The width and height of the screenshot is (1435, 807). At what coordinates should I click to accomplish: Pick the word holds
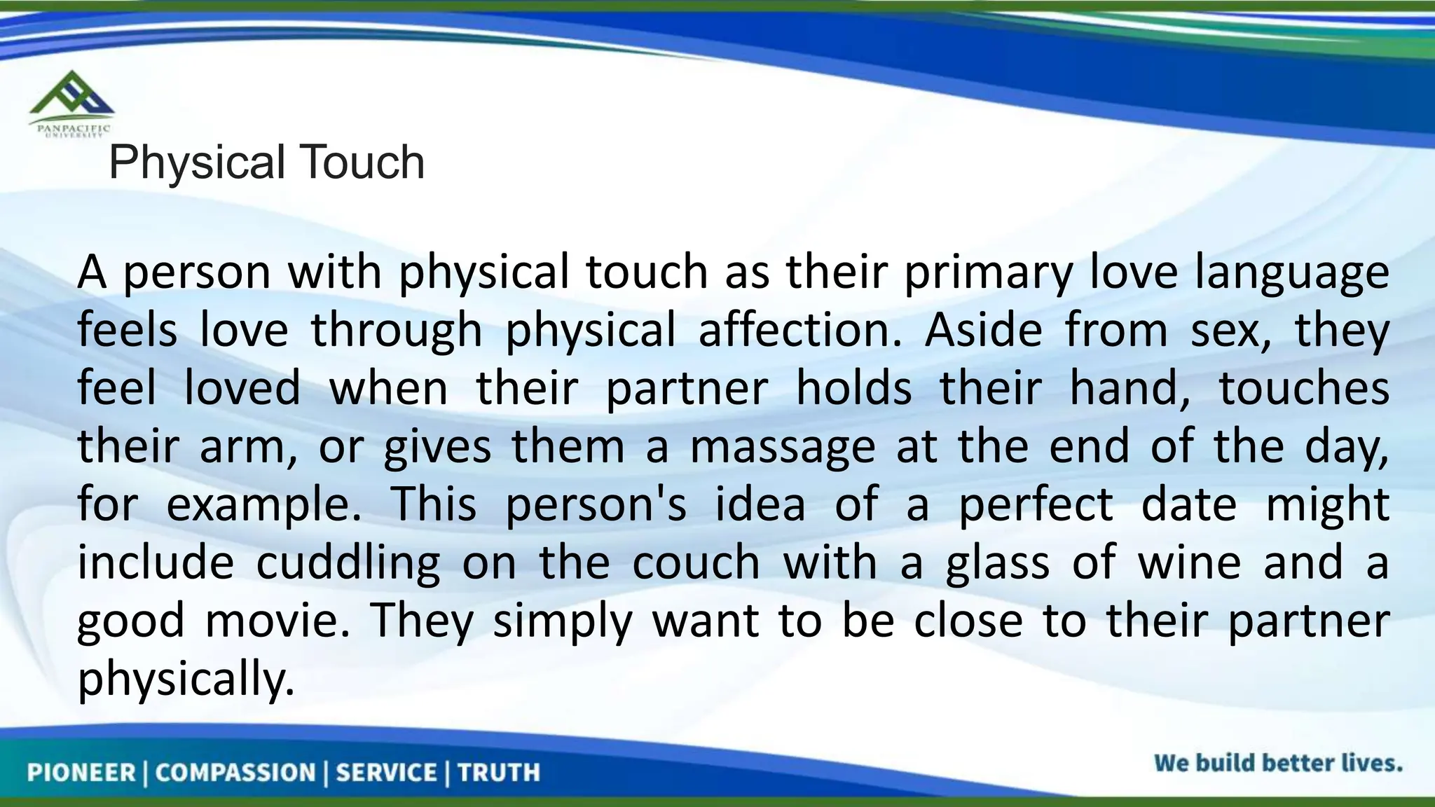click(x=854, y=388)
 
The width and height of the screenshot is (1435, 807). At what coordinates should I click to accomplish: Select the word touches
click(x=1304, y=388)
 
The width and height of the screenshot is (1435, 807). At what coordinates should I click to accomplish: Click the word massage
click(x=783, y=448)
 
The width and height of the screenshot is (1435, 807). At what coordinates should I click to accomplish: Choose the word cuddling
click(x=348, y=563)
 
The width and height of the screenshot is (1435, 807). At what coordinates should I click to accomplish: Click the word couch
click(x=696, y=563)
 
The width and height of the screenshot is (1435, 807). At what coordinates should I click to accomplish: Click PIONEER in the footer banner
click(x=81, y=773)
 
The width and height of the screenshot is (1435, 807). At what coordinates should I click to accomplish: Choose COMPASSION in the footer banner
click(x=235, y=773)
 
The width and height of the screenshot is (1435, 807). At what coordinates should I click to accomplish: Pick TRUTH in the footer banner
click(x=499, y=773)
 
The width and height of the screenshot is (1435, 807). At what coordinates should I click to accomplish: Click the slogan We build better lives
click(x=1278, y=763)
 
